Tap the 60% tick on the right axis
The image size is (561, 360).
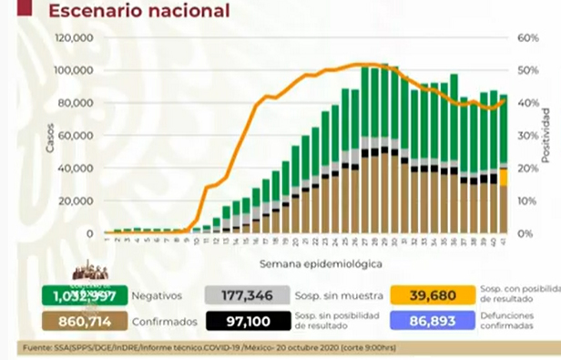pyautogui.click(x=529, y=38)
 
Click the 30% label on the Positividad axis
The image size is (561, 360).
pyautogui.click(x=529, y=136)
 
